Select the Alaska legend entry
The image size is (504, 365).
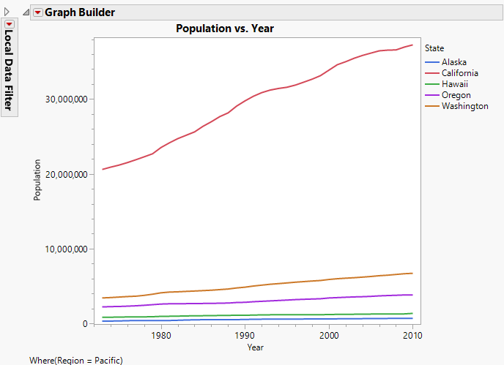[x=454, y=62]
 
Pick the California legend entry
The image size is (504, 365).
[x=460, y=73]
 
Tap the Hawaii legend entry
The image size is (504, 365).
[x=454, y=84]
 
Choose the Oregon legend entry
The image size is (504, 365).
[x=455, y=95]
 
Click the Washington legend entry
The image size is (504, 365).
[x=464, y=106]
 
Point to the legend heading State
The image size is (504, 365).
[x=434, y=48]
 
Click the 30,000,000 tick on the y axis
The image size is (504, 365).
[x=66, y=99]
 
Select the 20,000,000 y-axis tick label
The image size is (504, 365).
[x=66, y=174]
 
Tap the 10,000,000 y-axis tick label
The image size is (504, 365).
[x=66, y=249]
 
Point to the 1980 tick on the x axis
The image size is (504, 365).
[x=161, y=335]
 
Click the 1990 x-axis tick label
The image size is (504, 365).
[x=245, y=335]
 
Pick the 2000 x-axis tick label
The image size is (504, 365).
[x=330, y=335]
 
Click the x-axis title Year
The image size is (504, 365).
[x=256, y=347]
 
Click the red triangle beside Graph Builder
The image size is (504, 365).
[x=38, y=12]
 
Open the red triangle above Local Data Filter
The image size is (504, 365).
[x=9, y=24]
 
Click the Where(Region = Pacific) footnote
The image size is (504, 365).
[x=75, y=360]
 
